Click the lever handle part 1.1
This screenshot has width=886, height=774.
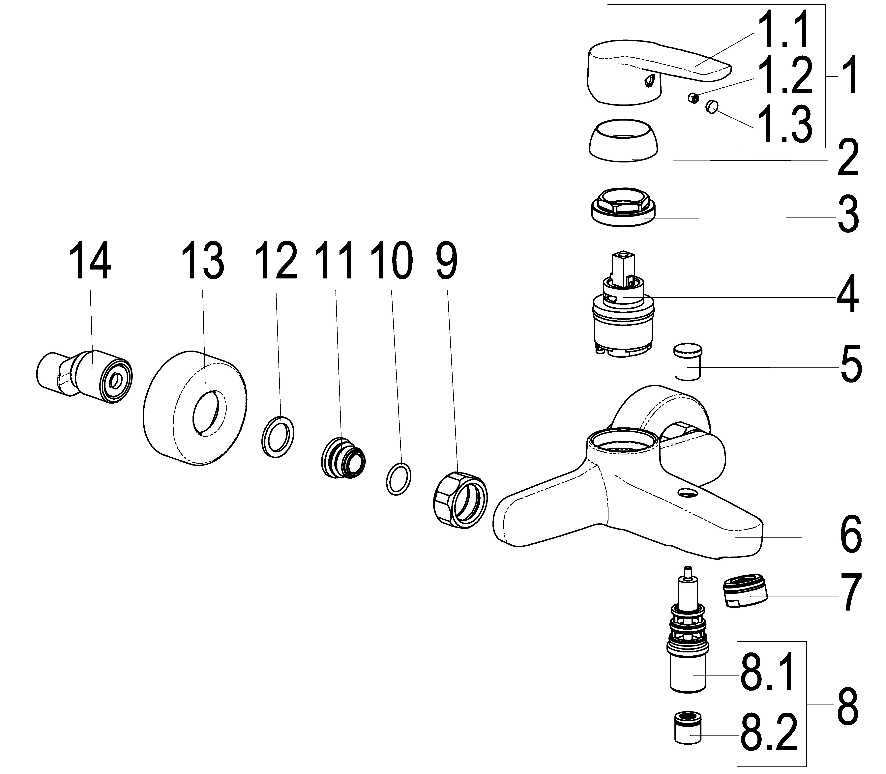[648, 69]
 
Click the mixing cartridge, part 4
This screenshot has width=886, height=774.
[622, 315]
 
